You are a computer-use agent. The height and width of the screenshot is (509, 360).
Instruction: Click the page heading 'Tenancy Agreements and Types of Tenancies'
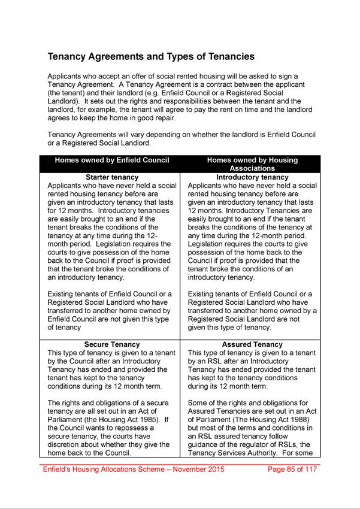pyautogui.click(x=151, y=57)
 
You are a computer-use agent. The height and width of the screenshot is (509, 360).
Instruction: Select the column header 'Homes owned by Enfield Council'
pyautogui.click(x=112, y=160)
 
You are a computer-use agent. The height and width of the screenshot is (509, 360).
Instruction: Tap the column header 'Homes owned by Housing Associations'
pyautogui.click(x=252, y=165)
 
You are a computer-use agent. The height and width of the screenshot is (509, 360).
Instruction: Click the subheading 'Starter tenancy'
pyautogui.click(x=112, y=177)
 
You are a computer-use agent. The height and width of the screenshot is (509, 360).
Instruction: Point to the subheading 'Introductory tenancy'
pyautogui.click(x=252, y=177)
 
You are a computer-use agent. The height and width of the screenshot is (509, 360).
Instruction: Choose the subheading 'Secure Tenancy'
pyautogui.click(x=112, y=345)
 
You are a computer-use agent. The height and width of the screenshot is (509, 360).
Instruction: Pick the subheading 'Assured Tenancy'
pyautogui.click(x=252, y=345)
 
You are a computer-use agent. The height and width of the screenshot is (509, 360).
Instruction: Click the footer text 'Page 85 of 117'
pyautogui.click(x=289, y=469)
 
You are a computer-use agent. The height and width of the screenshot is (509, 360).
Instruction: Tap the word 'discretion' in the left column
pyautogui.click(x=66, y=445)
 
